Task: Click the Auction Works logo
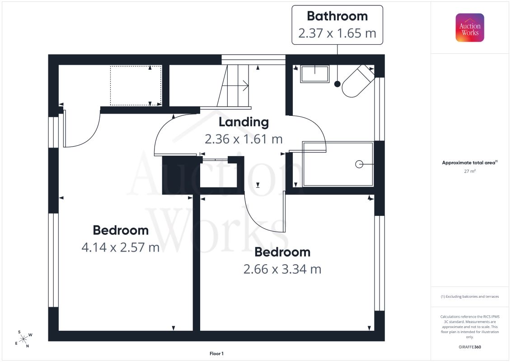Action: tap(469, 28)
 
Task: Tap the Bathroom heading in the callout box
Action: tap(338, 16)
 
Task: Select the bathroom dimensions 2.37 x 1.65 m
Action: tap(338, 33)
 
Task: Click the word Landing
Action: tap(244, 123)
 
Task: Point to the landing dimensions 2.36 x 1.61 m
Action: tap(244, 139)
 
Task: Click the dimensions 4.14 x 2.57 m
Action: tap(121, 248)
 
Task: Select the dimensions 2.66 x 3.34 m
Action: tap(282, 269)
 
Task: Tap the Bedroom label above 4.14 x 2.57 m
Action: tap(121, 230)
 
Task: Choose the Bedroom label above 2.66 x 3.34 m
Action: tap(282, 252)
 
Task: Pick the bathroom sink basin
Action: tap(315, 74)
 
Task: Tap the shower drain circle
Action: tap(359, 164)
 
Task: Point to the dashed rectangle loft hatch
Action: tap(136, 86)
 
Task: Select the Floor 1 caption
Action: tap(216, 353)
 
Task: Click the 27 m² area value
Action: tap(469, 171)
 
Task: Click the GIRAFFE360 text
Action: tap(469, 347)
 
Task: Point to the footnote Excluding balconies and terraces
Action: tap(469, 297)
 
